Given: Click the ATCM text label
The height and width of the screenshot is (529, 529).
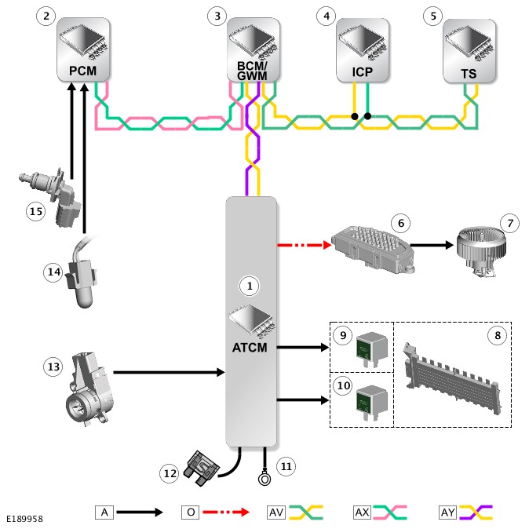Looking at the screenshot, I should [251, 347].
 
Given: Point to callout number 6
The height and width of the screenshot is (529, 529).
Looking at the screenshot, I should [401, 223].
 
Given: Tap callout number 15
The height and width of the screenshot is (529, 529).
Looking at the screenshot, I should [34, 211].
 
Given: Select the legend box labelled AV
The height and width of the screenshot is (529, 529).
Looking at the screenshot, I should [276, 512].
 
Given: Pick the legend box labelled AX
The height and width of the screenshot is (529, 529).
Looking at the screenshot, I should [363, 512].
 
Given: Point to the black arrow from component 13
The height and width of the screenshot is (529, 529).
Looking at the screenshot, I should [169, 373].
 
